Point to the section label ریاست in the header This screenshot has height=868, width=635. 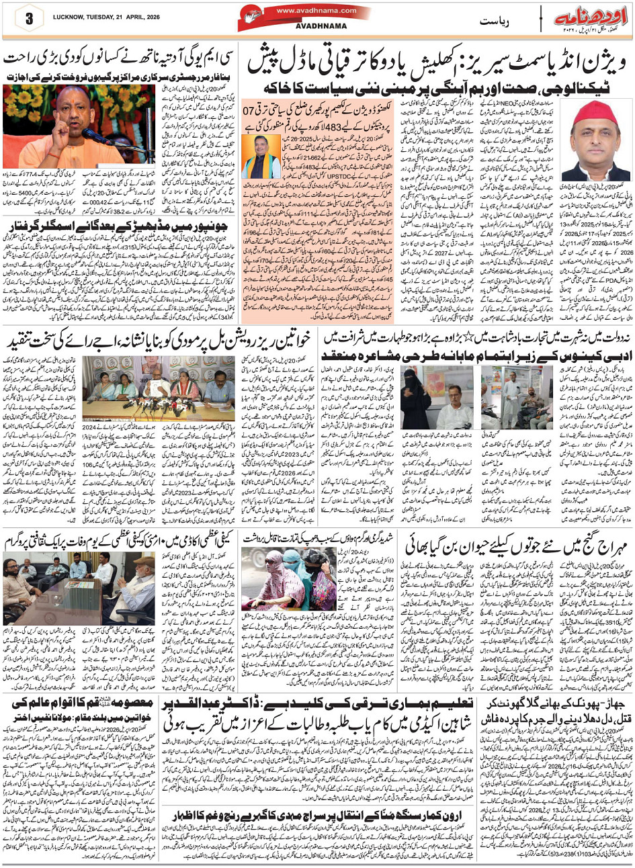click(493, 21)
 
